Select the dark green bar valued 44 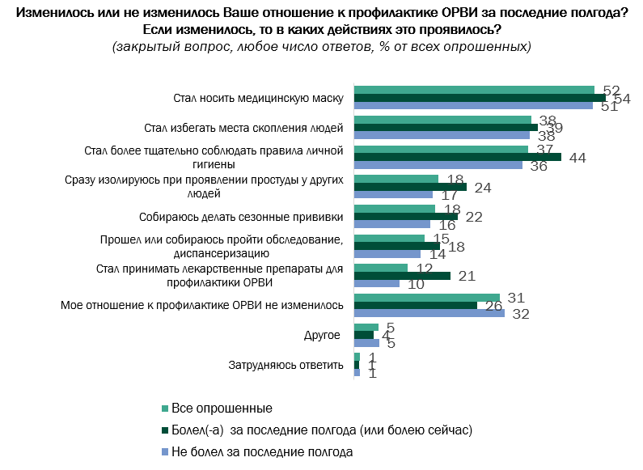click(458, 157)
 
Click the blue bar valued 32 click(429, 313)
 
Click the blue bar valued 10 click(377, 284)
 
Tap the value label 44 click(577, 158)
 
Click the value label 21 click(467, 277)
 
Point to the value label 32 click(521, 315)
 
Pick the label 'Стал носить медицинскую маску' click(259, 98)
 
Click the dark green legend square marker click(165, 430)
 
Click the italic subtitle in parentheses click(321, 46)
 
